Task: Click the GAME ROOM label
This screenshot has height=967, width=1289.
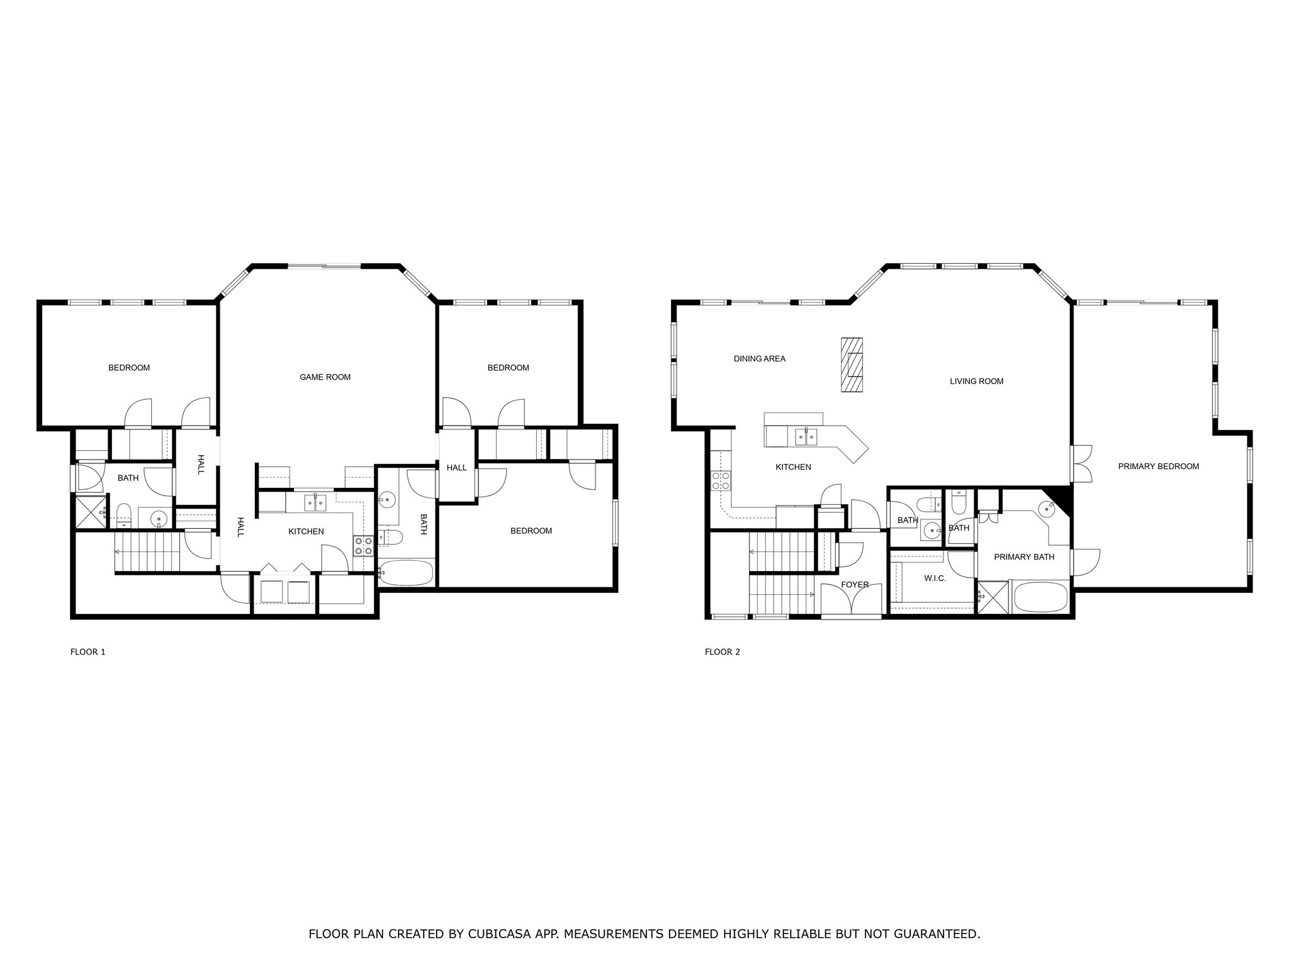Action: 325,377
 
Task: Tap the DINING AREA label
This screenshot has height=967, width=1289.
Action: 759,359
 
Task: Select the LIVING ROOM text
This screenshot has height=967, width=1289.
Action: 976,381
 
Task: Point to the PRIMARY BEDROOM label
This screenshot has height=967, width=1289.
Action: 1158,467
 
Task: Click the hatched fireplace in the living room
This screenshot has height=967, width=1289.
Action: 852,365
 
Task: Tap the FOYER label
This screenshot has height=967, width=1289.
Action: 854,585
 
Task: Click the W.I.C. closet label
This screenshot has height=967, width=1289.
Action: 935,578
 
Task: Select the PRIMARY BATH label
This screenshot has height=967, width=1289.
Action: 1023,557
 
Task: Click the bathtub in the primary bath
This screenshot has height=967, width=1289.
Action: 1042,597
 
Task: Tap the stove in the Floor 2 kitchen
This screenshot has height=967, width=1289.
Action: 721,481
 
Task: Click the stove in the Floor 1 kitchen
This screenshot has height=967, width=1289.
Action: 363,545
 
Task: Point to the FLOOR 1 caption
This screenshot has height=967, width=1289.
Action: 87,652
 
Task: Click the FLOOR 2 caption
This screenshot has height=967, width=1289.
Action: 722,652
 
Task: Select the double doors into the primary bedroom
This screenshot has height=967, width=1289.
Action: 1082,464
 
